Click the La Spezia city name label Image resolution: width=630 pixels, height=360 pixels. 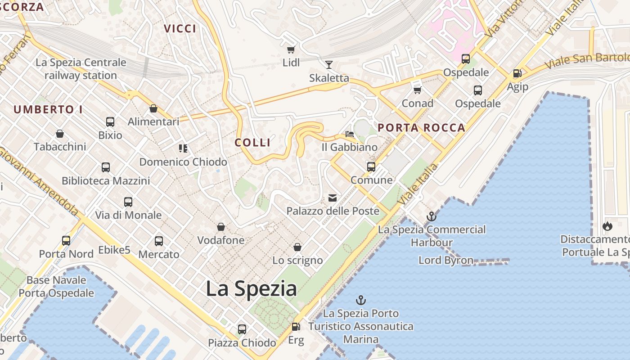tap(251, 288)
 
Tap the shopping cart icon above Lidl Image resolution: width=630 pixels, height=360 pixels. tap(291, 49)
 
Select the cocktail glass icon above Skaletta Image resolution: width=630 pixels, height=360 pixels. tap(329, 64)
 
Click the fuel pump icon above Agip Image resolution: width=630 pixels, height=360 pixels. tap(517, 73)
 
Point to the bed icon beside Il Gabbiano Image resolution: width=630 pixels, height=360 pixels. tap(349, 134)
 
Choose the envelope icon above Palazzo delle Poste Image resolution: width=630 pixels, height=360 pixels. tap(333, 198)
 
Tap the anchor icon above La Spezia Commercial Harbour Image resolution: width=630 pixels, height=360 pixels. tap(432, 216)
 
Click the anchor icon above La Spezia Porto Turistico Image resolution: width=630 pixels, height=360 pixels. tap(360, 300)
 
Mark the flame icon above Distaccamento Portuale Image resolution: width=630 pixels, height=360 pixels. tap(607, 226)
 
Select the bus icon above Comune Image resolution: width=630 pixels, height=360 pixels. tap(371, 167)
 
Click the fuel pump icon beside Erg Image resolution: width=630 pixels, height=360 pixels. tap(296, 327)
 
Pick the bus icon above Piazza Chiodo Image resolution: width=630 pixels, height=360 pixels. tap(242, 329)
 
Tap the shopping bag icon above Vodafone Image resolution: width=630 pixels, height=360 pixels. tap(221, 227)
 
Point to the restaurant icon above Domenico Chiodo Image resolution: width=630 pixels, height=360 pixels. tap(183, 148)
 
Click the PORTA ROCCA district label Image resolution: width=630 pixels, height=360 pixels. tap(421, 128)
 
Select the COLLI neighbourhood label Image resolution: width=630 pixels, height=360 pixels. tap(252, 143)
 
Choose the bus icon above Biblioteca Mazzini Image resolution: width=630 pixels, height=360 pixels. tap(106, 167)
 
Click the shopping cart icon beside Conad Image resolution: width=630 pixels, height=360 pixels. tap(417, 90)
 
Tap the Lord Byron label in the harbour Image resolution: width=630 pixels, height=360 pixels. tap(445, 260)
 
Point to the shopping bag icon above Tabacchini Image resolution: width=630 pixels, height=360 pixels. tap(59, 134)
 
